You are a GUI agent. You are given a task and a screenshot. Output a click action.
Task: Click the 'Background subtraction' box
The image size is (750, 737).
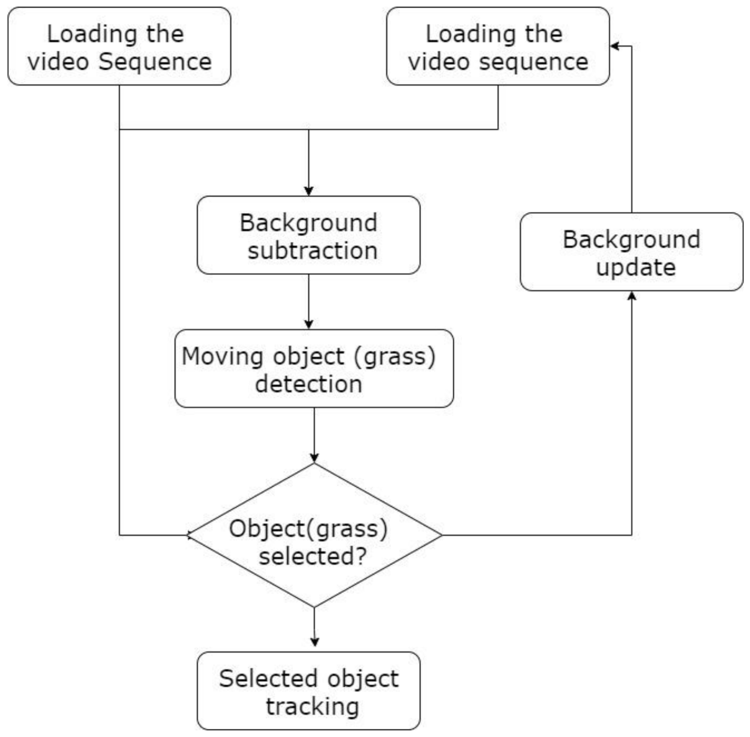[x=308, y=235]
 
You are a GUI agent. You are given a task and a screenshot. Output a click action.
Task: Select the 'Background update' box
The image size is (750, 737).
[x=631, y=252]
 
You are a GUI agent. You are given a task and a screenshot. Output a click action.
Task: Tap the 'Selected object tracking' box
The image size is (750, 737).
[x=308, y=691]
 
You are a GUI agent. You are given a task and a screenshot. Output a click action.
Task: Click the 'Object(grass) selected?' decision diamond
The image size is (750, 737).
[x=315, y=535]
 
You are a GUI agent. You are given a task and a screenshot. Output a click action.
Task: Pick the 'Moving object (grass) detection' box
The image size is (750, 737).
[x=314, y=368]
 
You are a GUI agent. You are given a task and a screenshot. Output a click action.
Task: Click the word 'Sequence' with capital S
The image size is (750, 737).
[x=155, y=61]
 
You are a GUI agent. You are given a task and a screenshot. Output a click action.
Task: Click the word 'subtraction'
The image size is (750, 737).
[x=312, y=250]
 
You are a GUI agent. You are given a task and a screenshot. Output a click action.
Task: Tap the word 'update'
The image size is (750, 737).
[x=636, y=267]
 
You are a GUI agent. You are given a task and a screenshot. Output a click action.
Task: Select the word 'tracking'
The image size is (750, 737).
[x=312, y=706]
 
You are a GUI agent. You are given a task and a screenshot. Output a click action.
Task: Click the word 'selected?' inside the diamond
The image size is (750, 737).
[x=313, y=556]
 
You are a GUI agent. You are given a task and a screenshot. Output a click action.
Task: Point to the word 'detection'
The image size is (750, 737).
[x=308, y=384]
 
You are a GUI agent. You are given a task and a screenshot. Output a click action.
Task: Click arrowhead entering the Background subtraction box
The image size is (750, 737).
[x=308, y=191]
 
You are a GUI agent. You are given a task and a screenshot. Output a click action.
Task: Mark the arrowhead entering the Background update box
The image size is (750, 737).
[x=631, y=296]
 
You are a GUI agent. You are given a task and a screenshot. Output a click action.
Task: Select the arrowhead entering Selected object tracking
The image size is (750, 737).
[x=315, y=642]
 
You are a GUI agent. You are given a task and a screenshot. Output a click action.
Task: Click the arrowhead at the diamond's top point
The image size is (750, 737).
[x=315, y=458]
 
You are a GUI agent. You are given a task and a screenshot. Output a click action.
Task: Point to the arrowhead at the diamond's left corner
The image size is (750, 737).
[x=190, y=535]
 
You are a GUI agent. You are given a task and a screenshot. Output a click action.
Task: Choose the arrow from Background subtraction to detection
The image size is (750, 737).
[x=308, y=301]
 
